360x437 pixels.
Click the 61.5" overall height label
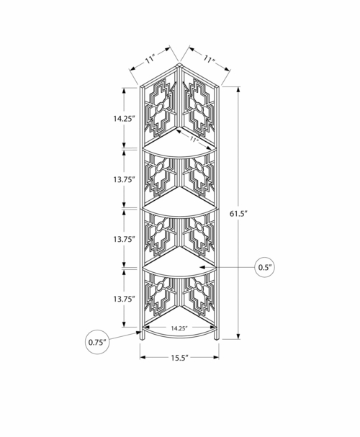coord(238,214)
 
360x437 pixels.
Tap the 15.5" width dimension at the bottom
coord(180,358)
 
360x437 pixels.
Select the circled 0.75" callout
coord(97,342)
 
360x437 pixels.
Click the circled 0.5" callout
coord(265,267)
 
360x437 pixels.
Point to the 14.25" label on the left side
coord(124,119)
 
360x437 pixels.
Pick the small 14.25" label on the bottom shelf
coord(179,328)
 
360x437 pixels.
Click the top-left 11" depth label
coord(150,59)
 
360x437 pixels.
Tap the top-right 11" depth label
coord(209,59)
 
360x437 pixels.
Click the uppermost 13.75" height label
coord(124,180)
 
